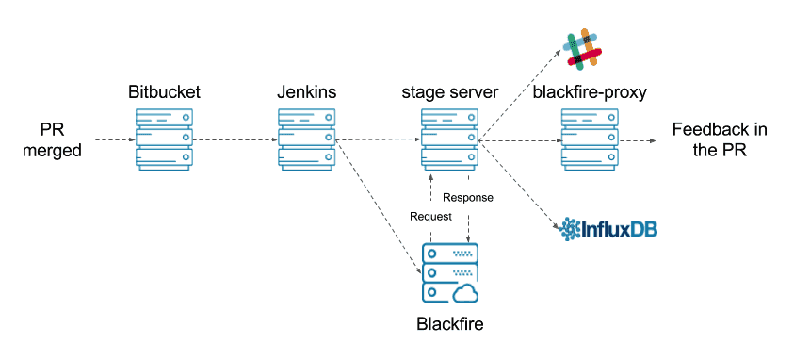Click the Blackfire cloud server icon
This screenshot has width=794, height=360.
tap(449, 273)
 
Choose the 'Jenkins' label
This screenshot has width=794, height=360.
tap(307, 92)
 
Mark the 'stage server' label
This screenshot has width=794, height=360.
tap(449, 92)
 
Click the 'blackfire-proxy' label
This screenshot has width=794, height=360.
tap(590, 92)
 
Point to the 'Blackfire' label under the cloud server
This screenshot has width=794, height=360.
tap(449, 324)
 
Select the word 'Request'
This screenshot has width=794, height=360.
tap(430, 216)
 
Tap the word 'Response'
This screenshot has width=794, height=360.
tap(468, 198)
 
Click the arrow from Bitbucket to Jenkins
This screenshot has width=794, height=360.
tap(235, 140)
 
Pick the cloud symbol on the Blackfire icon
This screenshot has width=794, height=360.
tap(465, 293)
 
